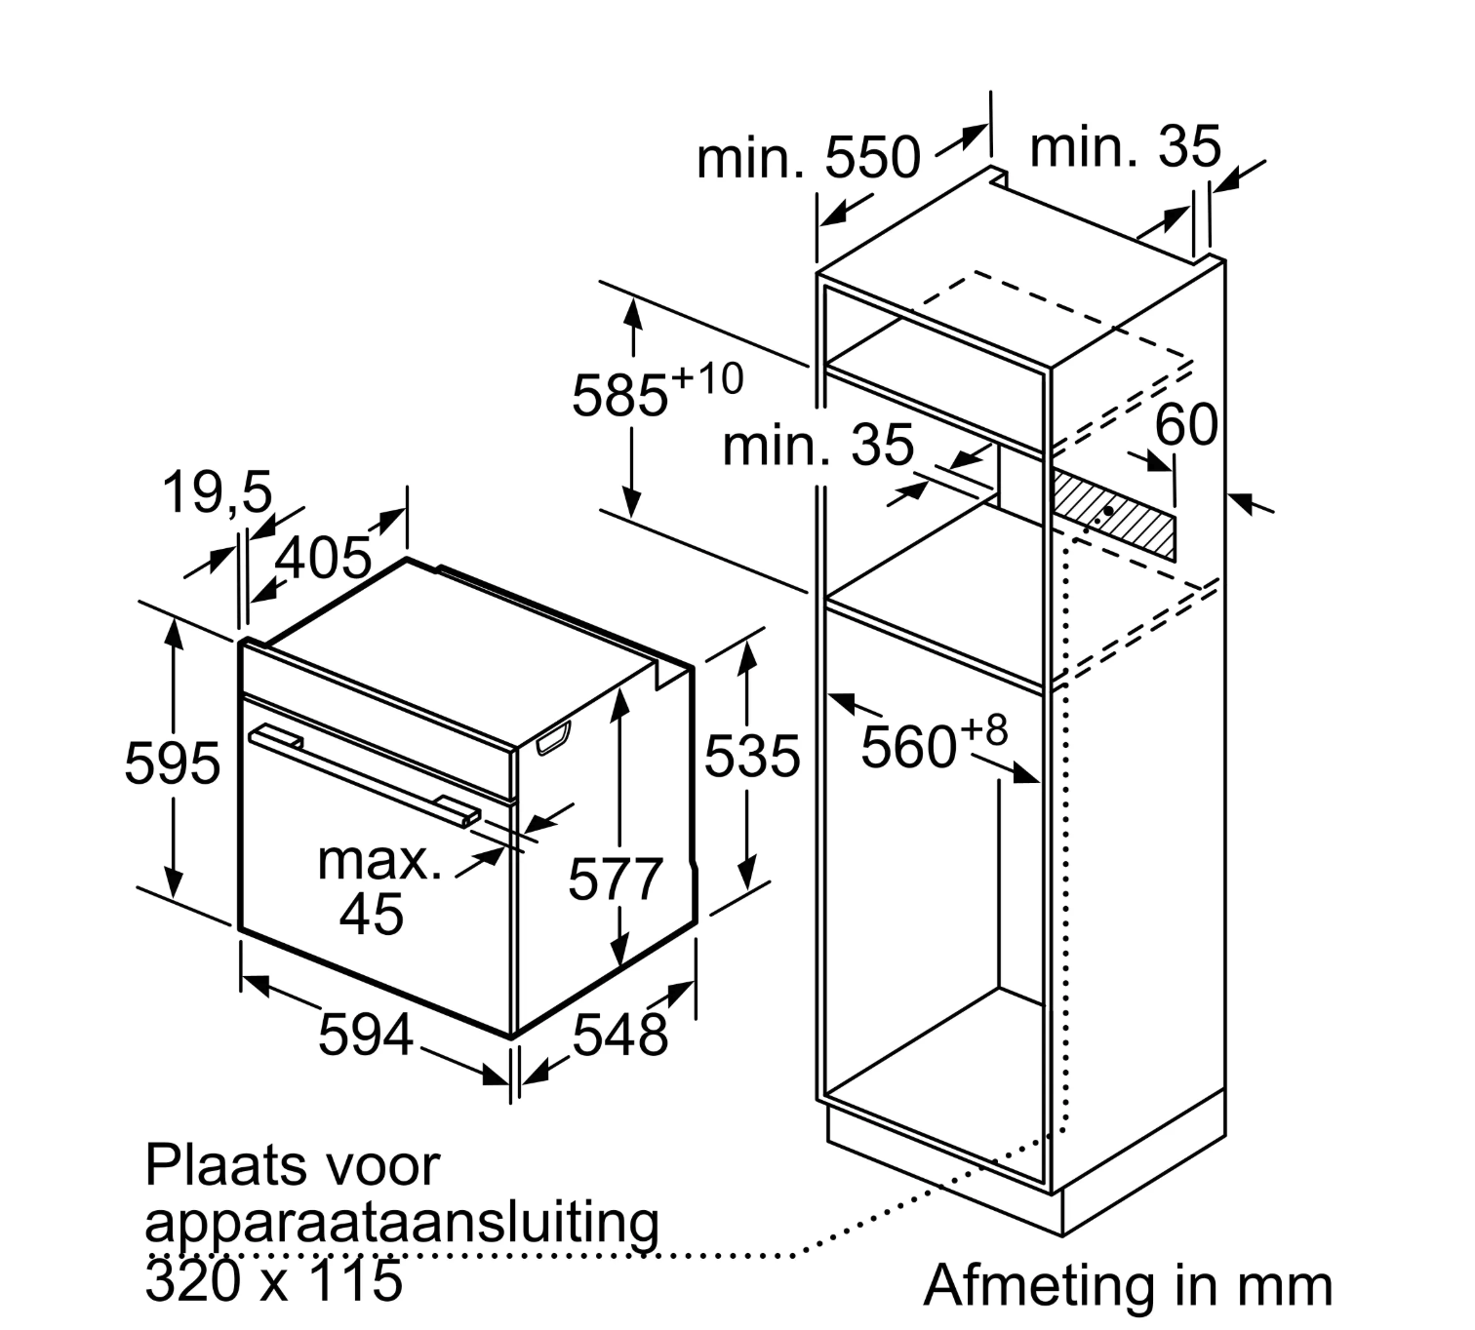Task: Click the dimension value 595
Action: click(x=173, y=763)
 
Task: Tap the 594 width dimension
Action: click(x=366, y=1035)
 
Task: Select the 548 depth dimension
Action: click(x=619, y=1035)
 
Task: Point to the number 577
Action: click(x=616, y=880)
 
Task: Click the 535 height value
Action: click(x=752, y=756)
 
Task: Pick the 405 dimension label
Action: click(x=323, y=559)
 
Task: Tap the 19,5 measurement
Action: click(x=217, y=492)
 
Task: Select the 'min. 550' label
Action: click(x=808, y=157)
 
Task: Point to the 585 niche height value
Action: click(x=620, y=395)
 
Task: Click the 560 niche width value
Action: click(x=908, y=748)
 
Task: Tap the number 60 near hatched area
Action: click(x=1186, y=424)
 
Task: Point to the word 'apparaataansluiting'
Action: click(x=402, y=1222)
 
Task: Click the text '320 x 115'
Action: click(x=273, y=1279)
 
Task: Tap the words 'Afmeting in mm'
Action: click(x=1127, y=1285)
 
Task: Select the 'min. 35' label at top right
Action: click(x=1124, y=147)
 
